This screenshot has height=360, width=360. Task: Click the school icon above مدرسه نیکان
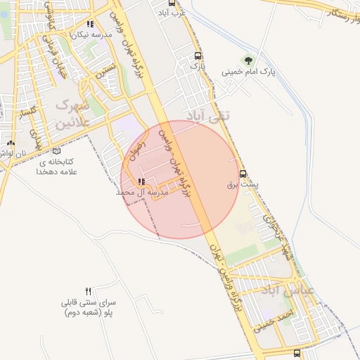[89, 25]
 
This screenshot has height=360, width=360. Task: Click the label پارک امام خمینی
[246, 71]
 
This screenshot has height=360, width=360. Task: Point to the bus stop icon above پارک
[198, 55]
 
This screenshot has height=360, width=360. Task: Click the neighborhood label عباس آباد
[281, 290]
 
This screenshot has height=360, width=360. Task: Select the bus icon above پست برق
[243, 173]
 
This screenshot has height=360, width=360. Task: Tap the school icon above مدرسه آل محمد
[142, 181]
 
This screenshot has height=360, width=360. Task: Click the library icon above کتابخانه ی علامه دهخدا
[56, 150]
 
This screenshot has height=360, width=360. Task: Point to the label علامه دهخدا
[63, 171]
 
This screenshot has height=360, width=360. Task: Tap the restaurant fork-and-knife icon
[88, 291]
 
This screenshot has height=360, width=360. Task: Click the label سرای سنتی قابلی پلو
[88, 307]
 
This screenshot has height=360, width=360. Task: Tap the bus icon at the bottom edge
[297, 353]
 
